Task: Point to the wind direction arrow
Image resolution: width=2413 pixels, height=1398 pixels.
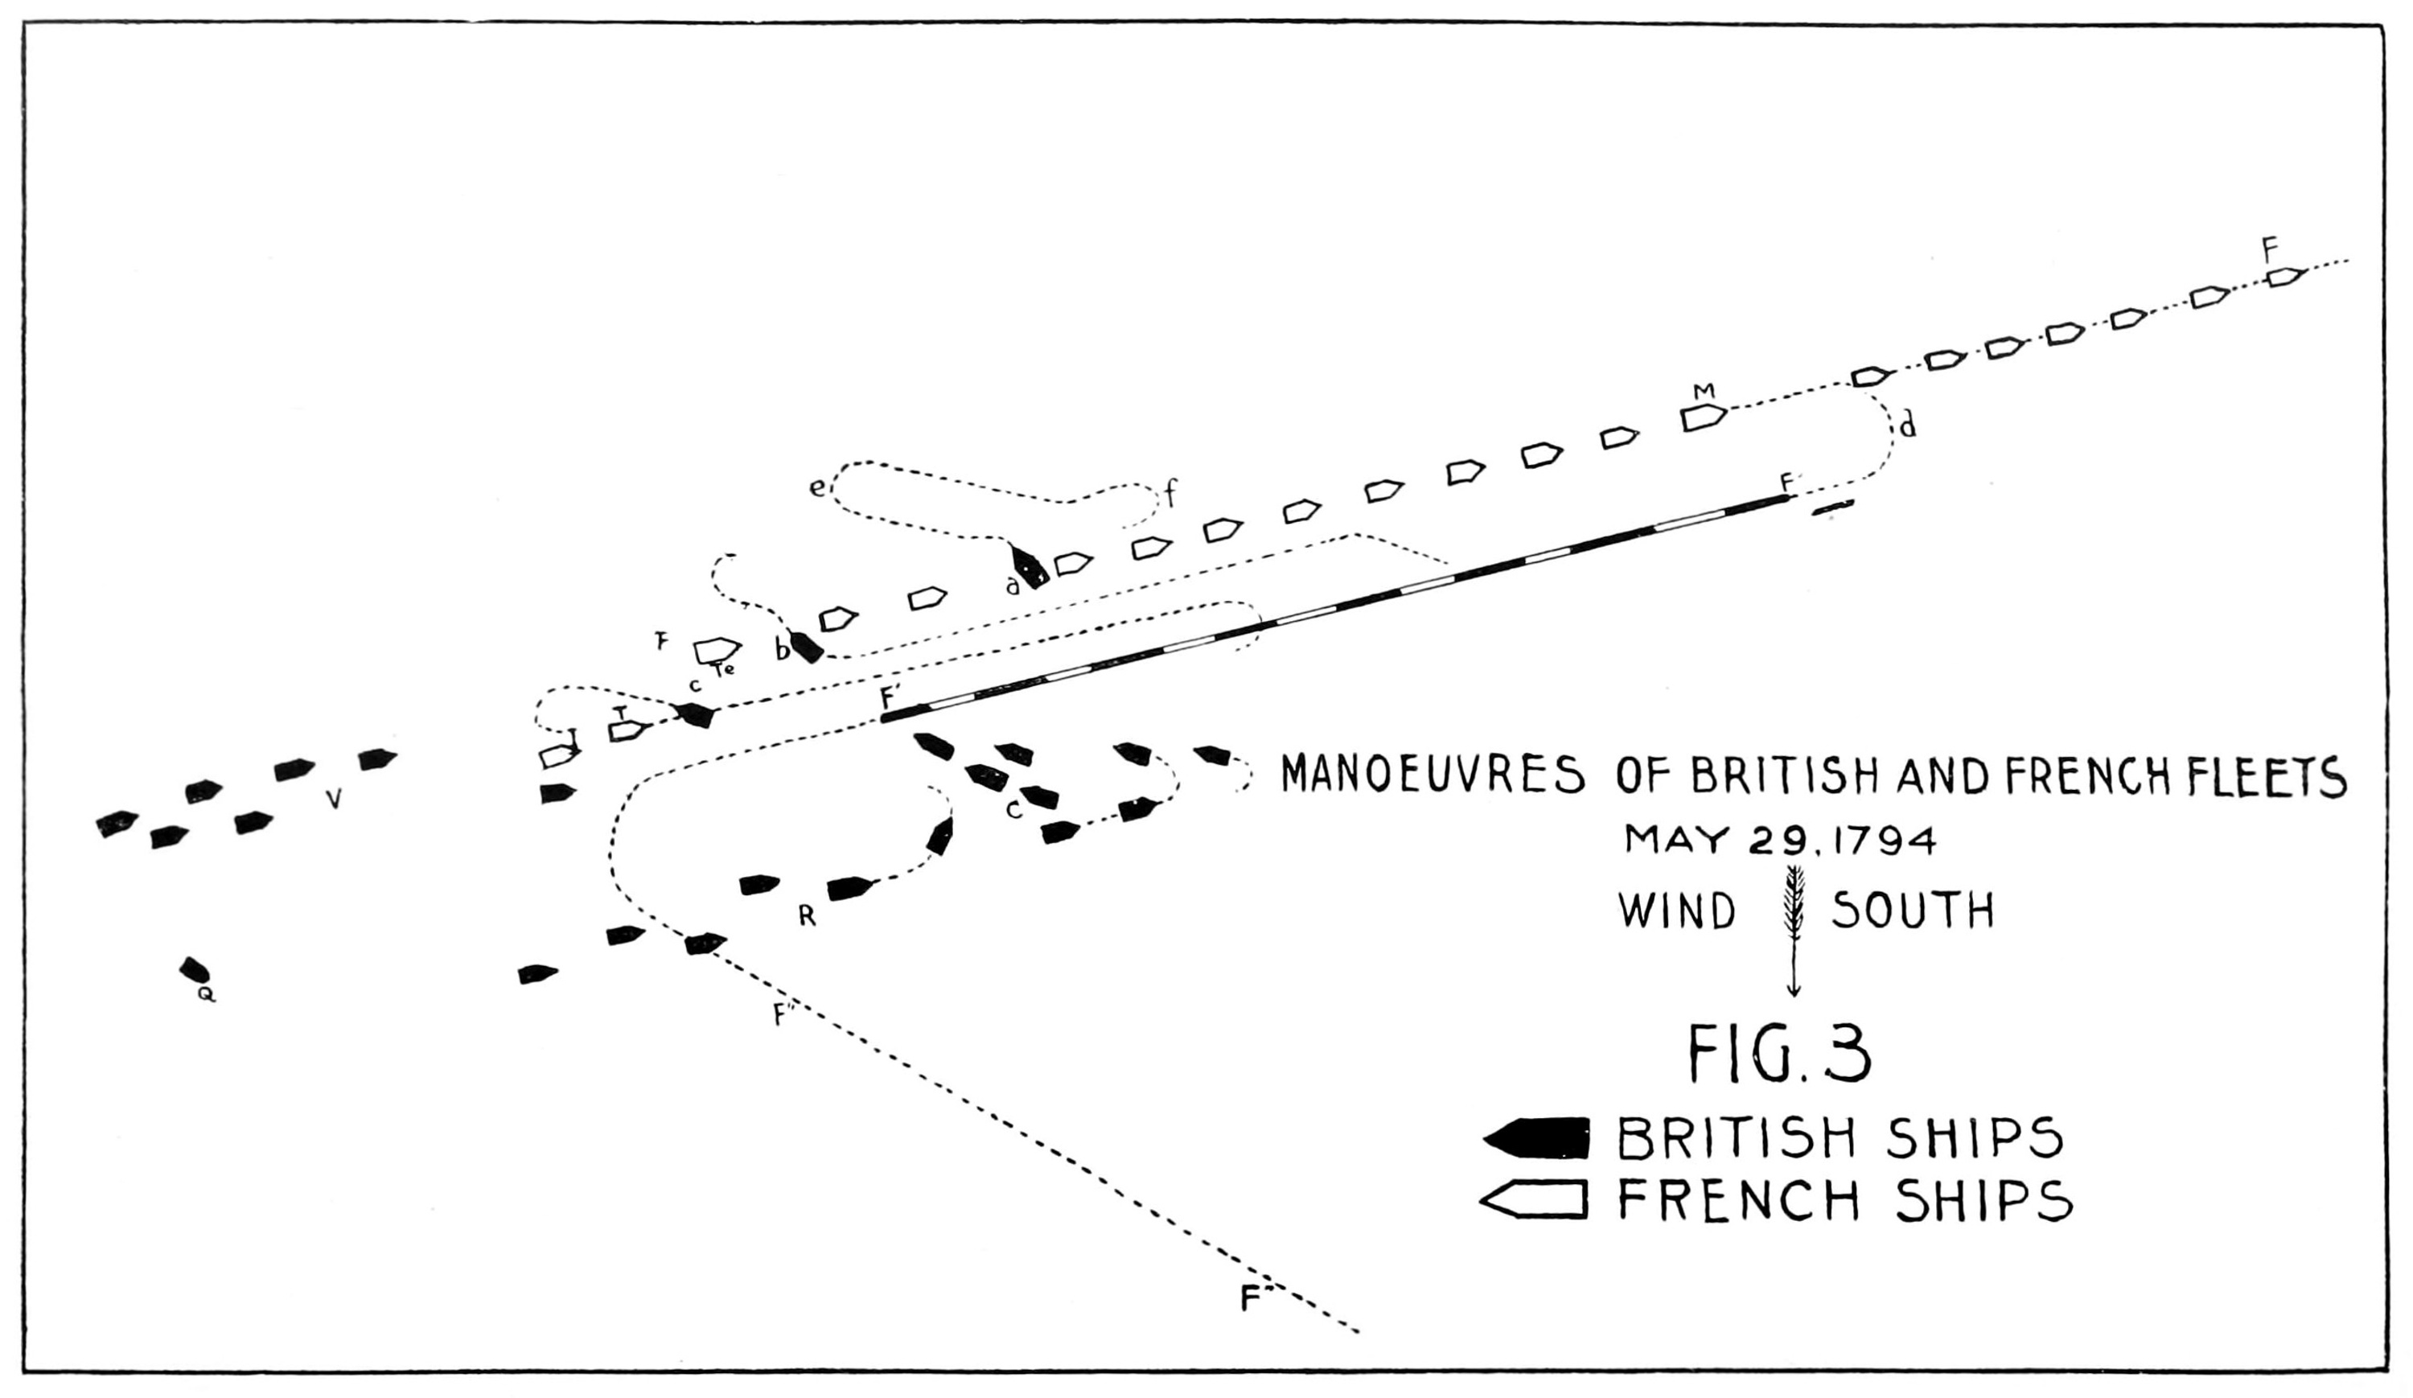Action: tap(1794, 929)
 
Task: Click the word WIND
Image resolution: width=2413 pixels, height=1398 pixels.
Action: tap(1678, 911)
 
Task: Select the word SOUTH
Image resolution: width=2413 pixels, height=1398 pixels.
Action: tap(1914, 911)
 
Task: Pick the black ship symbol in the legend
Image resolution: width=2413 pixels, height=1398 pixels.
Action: tap(1536, 1137)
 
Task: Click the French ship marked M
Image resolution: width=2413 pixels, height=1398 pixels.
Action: tap(1704, 417)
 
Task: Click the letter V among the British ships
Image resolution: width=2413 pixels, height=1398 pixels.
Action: tap(333, 800)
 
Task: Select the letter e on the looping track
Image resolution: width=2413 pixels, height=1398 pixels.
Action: tap(816, 488)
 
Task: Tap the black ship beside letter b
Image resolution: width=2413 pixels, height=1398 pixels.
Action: tap(806, 648)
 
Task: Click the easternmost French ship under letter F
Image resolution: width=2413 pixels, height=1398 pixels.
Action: tap(2286, 278)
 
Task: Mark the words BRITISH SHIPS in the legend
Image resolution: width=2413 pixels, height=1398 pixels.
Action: tap(1840, 1137)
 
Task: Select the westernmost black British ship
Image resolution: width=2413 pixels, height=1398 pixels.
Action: tap(117, 824)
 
